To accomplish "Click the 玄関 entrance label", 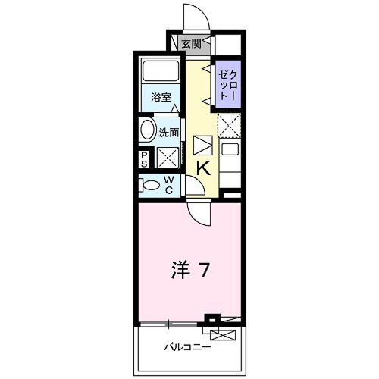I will (x=190, y=44).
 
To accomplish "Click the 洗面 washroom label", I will (x=169, y=132).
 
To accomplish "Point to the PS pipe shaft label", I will (x=144, y=158).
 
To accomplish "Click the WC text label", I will (x=170, y=184).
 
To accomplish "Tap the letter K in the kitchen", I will (x=204, y=168).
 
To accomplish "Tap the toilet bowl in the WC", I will (x=151, y=184).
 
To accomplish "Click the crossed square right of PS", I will (x=167, y=158).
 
